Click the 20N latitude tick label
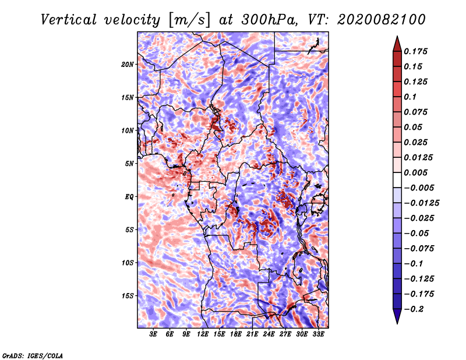(x=128, y=65)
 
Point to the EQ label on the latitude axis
(x=129, y=197)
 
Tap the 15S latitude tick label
(x=128, y=296)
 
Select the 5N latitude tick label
(x=129, y=164)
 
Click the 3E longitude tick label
(x=153, y=334)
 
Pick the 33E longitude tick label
(x=318, y=334)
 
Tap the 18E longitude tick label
(x=236, y=334)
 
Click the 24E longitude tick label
(x=269, y=334)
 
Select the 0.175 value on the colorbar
(x=415, y=51)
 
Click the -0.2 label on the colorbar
(x=414, y=309)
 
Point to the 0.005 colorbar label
(x=415, y=172)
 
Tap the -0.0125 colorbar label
(x=421, y=203)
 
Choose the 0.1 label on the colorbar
(x=410, y=97)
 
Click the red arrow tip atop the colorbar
(x=397, y=36)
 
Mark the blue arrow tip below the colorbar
(x=397, y=323)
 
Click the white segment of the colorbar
(x=397, y=180)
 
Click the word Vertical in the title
(x=69, y=20)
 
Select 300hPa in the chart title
(x=269, y=20)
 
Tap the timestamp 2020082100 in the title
(x=382, y=20)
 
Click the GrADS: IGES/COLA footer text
(x=33, y=356)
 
